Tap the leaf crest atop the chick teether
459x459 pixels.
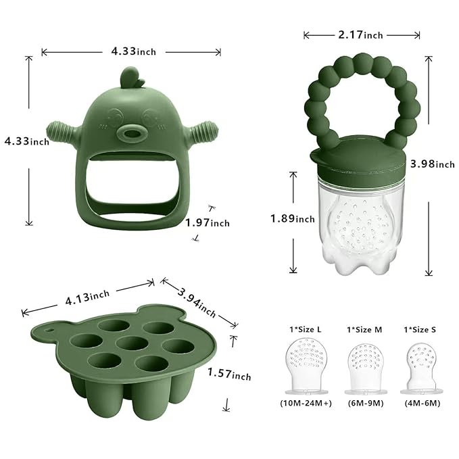[x=132, y=78]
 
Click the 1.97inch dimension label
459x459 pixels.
[x=208, y=222]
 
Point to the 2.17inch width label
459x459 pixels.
[x=362, y=34]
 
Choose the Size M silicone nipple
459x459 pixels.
[x=364, y=372]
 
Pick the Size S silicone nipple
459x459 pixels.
[x=420, y=373]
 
